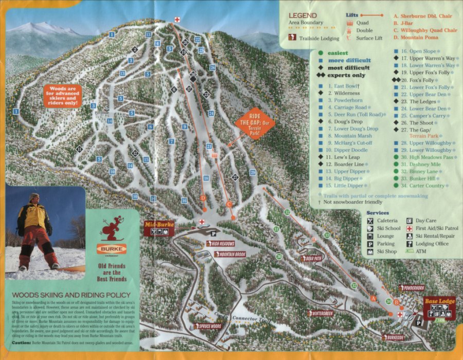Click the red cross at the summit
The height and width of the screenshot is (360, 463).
coord(177,20)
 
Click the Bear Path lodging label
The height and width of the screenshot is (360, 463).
coord(312,259)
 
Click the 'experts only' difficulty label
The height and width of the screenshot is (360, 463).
coord(346,75)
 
